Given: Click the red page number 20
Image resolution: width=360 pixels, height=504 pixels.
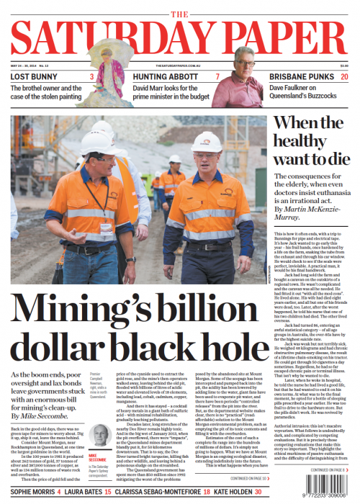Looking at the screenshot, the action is [345, 76].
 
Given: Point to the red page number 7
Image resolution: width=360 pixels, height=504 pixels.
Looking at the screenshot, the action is [217, 76].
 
